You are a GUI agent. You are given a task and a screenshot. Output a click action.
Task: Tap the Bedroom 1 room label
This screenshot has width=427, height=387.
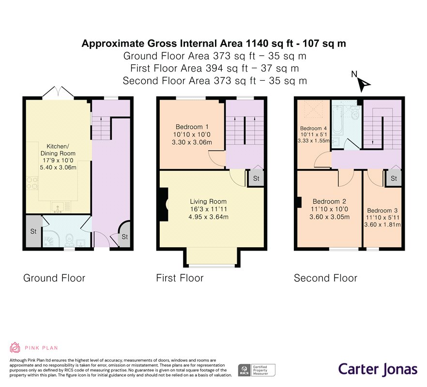click(192, 127)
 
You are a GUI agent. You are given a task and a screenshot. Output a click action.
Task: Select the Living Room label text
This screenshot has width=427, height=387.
click(208, 201)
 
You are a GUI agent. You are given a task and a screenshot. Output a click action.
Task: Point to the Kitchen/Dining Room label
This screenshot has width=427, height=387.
click(58, 149)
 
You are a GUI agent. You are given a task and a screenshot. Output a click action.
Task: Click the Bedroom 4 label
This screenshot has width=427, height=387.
click(313, 128)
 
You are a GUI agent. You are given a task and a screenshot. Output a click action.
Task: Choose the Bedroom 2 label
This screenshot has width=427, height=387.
click(329, 201)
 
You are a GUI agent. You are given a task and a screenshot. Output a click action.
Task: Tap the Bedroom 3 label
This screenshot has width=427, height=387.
click(382, 210)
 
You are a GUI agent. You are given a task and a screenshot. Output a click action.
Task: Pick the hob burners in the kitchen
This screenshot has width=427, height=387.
click(32, 183)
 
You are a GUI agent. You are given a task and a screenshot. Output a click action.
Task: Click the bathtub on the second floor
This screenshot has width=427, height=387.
click(337, 120)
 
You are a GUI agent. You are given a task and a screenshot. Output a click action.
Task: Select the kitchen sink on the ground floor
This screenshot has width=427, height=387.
click(58, 208)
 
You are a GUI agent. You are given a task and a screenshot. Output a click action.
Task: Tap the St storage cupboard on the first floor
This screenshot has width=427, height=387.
click(256, 179)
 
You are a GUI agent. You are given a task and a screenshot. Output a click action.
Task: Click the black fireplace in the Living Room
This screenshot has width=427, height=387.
click(164, 205)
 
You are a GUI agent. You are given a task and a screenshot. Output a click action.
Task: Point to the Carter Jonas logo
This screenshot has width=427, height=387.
click(378, 369)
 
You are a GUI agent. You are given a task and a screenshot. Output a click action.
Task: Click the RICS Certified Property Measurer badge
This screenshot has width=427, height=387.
click(257, 370)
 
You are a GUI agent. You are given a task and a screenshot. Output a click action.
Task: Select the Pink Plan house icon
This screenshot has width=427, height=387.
click(15, 347)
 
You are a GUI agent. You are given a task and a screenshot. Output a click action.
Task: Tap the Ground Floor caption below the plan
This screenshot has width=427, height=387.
click(54, 278)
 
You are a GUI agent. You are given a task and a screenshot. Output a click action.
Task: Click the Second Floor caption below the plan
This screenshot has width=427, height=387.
click(325, 278)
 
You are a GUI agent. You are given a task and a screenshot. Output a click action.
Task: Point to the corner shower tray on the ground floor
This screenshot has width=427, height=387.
click(50, 238)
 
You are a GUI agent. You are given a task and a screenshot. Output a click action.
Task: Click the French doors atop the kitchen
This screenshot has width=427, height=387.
click(58, 92)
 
